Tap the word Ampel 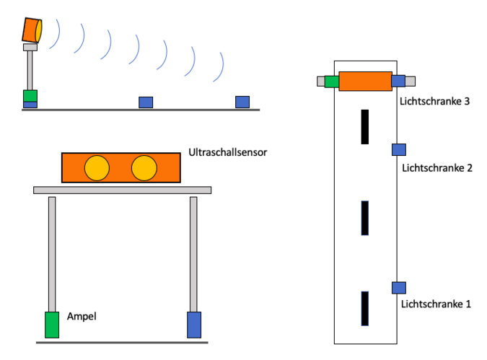[82, 316]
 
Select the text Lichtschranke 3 [436, 102]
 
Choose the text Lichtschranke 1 [436, 304]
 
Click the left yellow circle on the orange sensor [97, 167]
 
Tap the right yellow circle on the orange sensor [144, 167]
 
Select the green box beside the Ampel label [52, 325]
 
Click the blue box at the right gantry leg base [194, 325]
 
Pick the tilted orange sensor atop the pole [32, 30]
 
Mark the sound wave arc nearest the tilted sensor [56, 34]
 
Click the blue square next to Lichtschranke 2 [398, 149]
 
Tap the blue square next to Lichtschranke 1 [398, 287]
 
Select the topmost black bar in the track [365, 126]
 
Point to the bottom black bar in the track [365, 308]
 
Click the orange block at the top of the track [364, 81]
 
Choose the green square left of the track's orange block [332, 81]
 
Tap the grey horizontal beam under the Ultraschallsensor [123, 190]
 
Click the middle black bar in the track [365, 218]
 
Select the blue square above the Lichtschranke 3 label [398, 81]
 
